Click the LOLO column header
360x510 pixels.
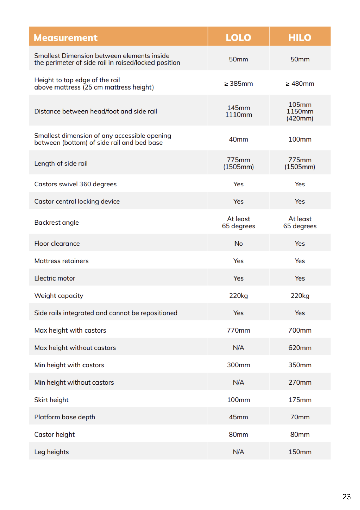[238, 38]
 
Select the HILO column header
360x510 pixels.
[300, 38]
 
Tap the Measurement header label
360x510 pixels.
[66, 38]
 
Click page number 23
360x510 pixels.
[347, 497]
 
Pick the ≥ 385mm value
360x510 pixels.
[238, 84]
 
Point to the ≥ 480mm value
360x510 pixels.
[300, 84]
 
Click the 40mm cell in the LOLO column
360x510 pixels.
[238, 139]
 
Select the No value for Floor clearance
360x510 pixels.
[238, 244]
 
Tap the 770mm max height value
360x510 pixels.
[238, 330]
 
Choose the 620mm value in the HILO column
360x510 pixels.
[300, 348]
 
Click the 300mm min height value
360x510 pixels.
[238, 365]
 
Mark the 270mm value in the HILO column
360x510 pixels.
[300, 382]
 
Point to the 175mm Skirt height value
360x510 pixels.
[300, 400]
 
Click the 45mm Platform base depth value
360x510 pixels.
[238, 417]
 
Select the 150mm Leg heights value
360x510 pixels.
[300, 452]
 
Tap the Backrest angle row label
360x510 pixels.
[57, 223]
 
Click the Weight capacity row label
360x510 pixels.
[59, 296]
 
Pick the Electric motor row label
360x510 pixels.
[55, 278]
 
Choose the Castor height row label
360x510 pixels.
[54, 435]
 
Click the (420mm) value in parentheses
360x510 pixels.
[300, 118]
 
